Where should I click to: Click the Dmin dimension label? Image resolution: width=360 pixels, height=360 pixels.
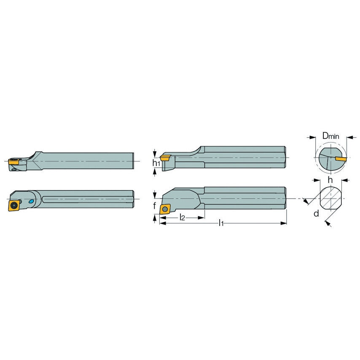tap(330, 136)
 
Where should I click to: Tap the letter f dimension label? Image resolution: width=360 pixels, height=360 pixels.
tap(155, 206)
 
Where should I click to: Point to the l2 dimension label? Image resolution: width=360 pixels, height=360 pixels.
tap(182, 217)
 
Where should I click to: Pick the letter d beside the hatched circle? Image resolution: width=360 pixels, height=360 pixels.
tap(316, 213)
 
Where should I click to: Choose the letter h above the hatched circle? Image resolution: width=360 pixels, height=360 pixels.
tap(331, 180)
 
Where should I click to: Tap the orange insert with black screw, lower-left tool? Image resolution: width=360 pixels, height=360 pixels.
tap(14, 205)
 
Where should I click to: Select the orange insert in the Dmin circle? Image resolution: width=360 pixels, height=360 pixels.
tap(341, 159)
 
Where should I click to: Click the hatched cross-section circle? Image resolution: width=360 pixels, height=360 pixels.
tap(331, 199)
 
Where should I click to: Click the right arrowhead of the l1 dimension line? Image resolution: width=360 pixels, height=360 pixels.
tap(284, 223)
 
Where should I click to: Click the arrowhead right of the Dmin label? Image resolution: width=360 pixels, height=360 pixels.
tap(348, 137)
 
